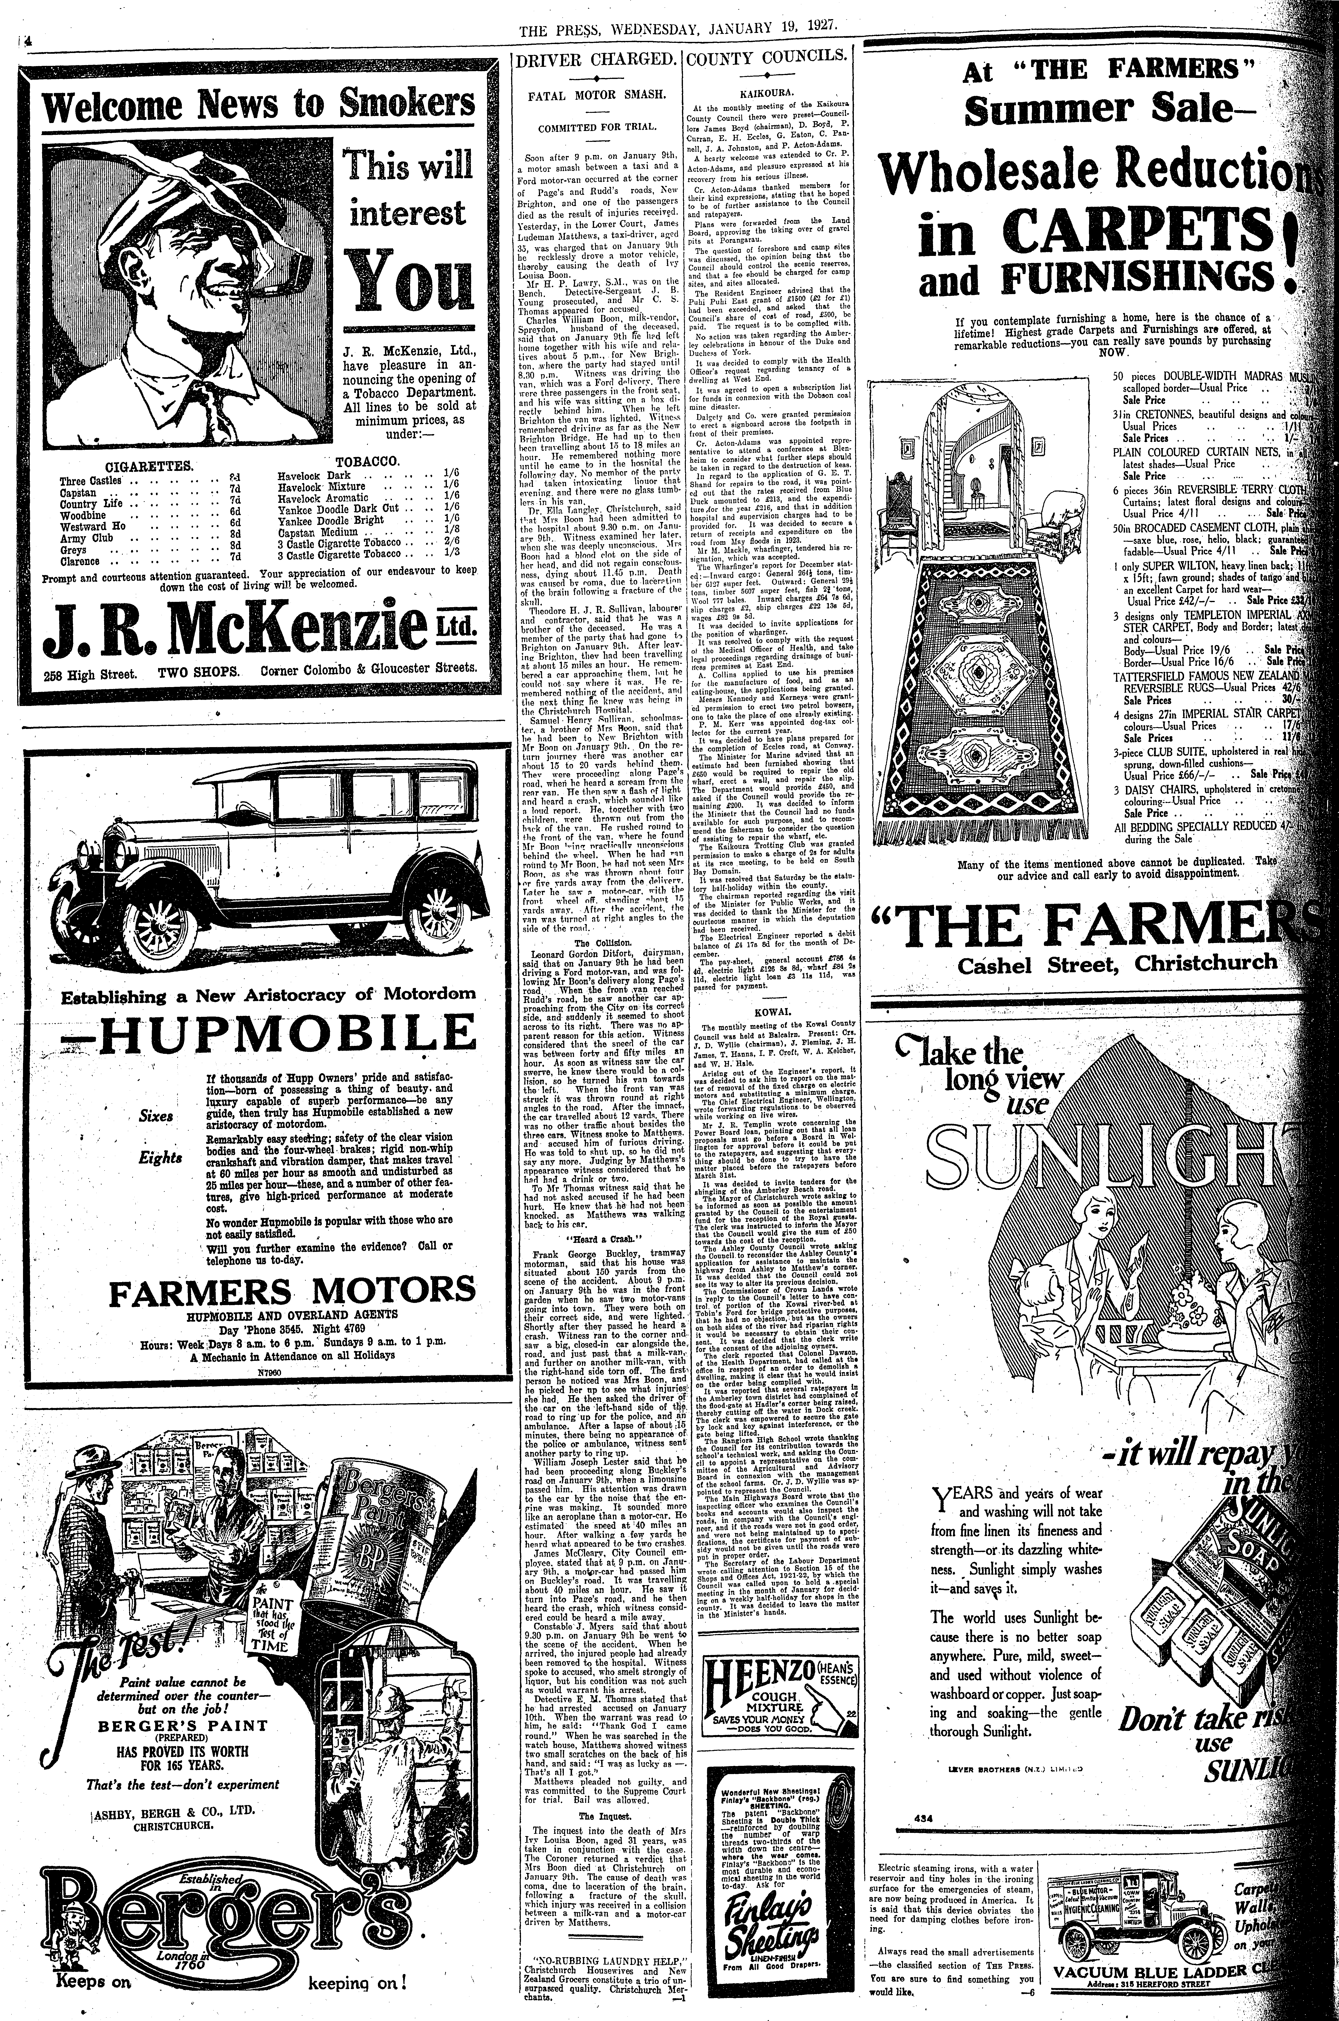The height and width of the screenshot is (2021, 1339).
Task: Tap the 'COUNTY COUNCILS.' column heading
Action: tap(769, 60)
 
